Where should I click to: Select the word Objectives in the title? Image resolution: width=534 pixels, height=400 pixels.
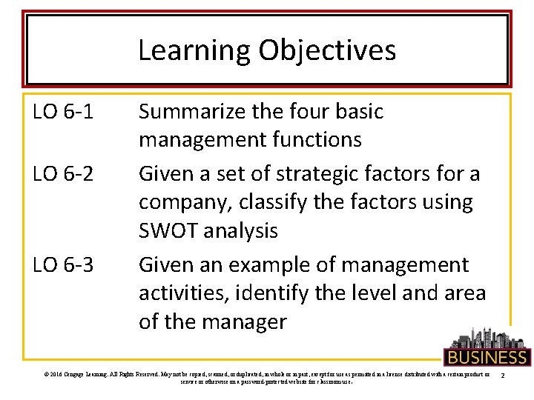328,51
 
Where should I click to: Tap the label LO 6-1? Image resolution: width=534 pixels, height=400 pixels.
63,112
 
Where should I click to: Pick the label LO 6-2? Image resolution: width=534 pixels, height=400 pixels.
63,174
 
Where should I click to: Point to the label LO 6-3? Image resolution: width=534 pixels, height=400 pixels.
63,264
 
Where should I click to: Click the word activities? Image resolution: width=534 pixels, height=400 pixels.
184,293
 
